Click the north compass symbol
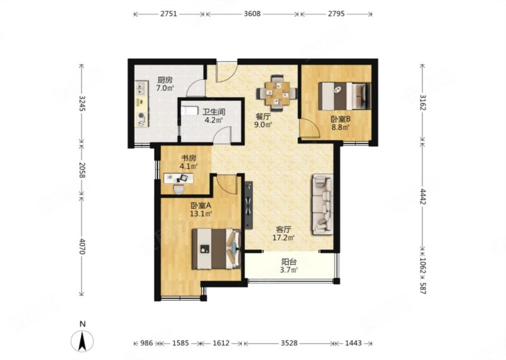83,340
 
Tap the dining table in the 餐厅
277,92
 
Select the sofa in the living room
323,204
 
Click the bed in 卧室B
345,96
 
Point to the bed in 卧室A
216,249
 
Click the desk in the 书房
179,178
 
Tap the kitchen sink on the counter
141,89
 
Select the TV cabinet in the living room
249,205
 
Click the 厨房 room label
165,80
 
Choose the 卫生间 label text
214,112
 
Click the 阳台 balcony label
289,261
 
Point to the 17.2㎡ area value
284,239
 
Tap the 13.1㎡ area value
201,213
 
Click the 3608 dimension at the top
252,14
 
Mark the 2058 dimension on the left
82,170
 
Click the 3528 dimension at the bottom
289,343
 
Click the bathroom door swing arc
224,134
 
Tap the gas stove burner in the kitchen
141,116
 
